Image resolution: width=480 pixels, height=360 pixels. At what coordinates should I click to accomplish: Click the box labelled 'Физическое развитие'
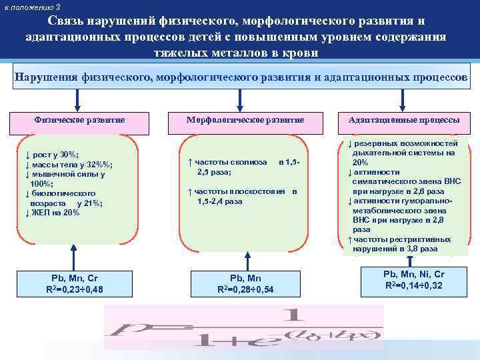click(x=79, y=119)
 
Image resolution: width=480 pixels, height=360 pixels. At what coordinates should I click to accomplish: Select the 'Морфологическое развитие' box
click(x=245, y=119)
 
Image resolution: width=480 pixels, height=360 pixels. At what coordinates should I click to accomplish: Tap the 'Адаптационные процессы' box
click(x=404, y=120)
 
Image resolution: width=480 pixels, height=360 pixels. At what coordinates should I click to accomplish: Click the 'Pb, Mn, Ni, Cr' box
click(x=414, y=279)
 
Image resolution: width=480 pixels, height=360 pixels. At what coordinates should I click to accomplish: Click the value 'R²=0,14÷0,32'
click(x=414, y=285)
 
